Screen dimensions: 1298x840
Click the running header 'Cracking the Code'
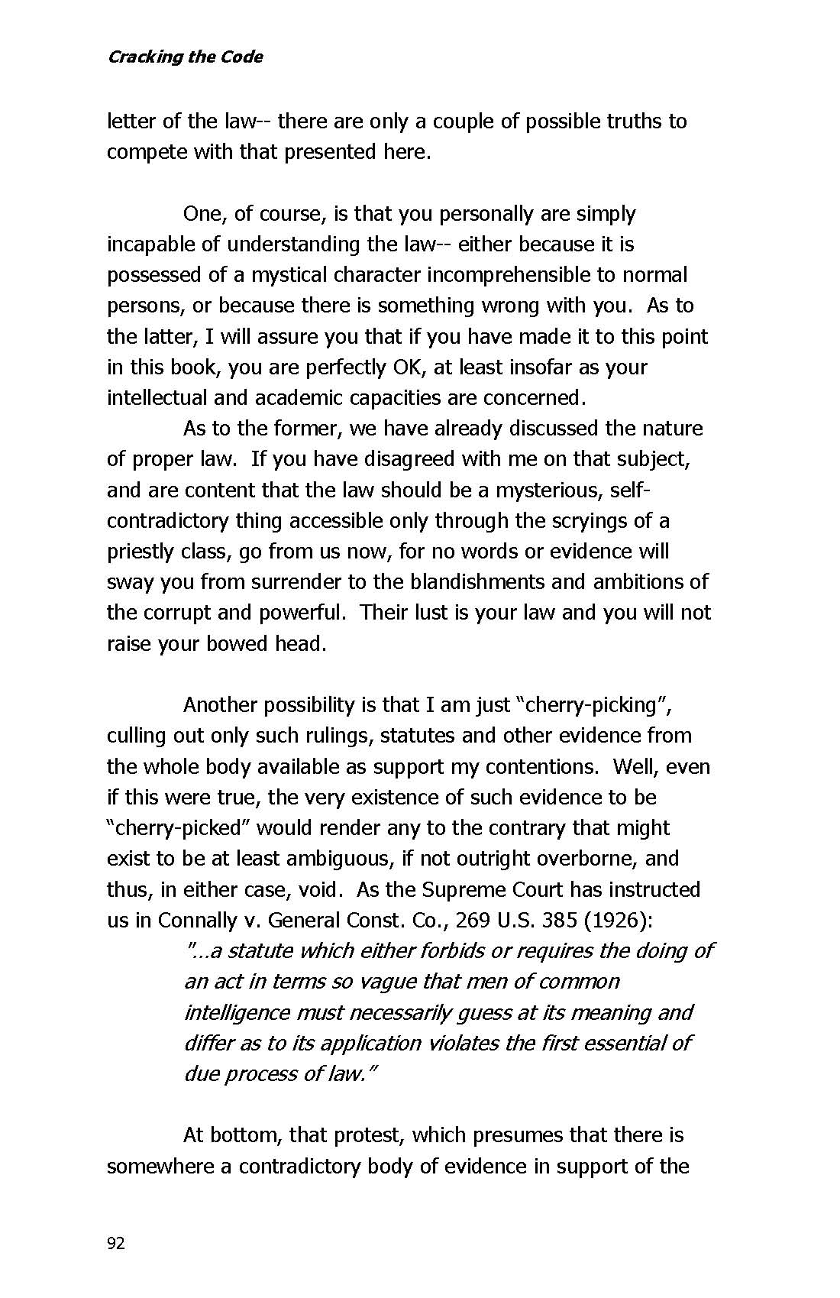pyautogui.click(x=185, y=57)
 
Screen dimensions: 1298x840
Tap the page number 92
pyautogui.click(x=115, y=1244)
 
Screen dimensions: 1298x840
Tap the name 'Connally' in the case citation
pyautogui.click(x=197, y=920)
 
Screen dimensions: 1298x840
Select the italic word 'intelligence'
pyautogui.click(x=237, y=1012)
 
